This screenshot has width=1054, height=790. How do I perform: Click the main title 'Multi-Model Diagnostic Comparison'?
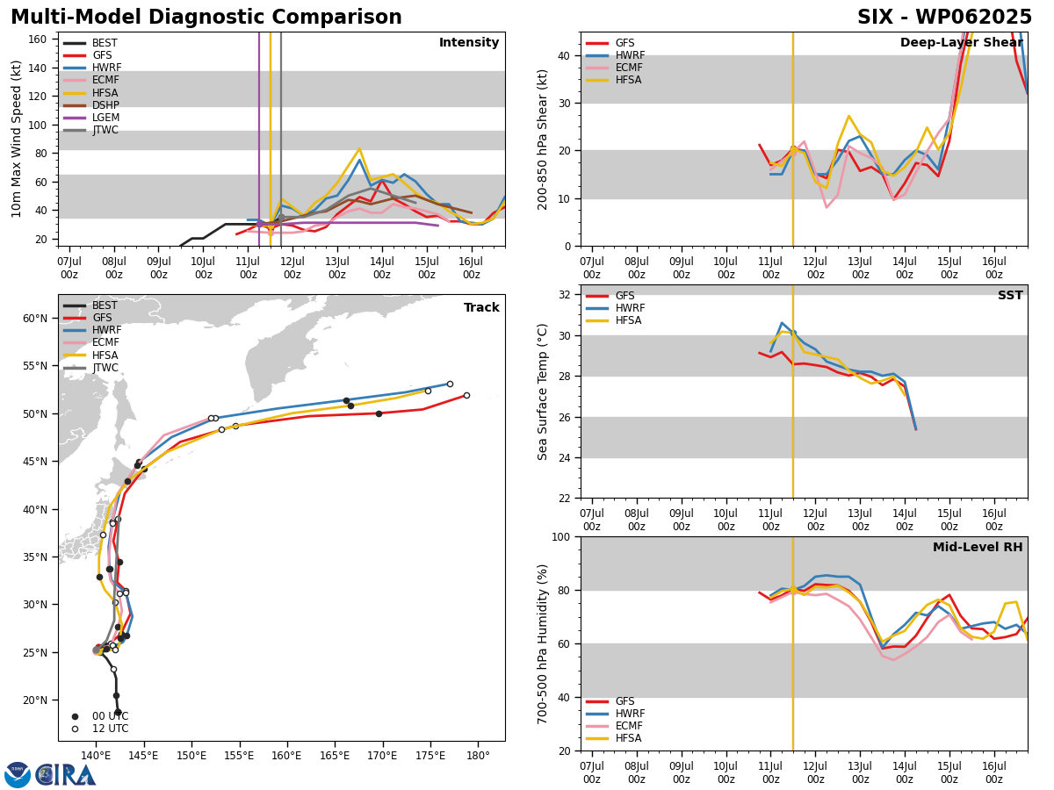(x=206, y=17)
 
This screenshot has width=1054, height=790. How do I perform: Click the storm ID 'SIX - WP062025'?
(x=944, y=17)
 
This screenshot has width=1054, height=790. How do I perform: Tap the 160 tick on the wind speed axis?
(x=37, y=39)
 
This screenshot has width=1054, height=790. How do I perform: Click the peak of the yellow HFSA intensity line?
(x=359, y=149)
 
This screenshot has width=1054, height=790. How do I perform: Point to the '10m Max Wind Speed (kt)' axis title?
(x=16, y=139)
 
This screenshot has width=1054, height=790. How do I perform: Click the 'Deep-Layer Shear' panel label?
(x=961, y=42)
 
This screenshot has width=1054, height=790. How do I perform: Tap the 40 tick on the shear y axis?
(x=564, y=55)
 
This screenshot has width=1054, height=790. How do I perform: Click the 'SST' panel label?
(x=1010, y=295)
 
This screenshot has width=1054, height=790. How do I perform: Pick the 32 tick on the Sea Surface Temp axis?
(x=564, y=295)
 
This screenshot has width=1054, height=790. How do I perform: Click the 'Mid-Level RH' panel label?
(x=978, y=547)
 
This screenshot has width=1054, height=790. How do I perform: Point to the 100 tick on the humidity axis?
(x=561, y=536)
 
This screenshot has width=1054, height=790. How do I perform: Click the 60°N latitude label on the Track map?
(x=35, y=319)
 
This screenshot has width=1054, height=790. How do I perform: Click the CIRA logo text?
(x=65, y=776)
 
